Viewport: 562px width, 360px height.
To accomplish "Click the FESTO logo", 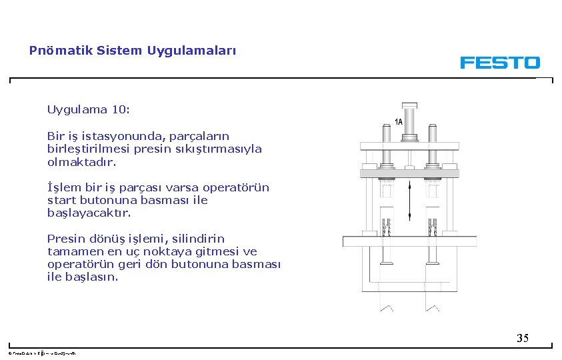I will [x=499, y=63].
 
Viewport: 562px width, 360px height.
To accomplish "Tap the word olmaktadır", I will [x=81, y=162].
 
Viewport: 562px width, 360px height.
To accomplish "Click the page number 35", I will [x=523, y=338].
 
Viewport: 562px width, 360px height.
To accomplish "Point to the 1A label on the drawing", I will [x=398, y=122].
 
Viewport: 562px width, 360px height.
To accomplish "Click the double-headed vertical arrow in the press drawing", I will [x=409, y=203].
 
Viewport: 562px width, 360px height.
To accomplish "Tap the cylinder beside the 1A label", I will [x=409, y=121].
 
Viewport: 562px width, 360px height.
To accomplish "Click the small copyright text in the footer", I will [x=41, y=353].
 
